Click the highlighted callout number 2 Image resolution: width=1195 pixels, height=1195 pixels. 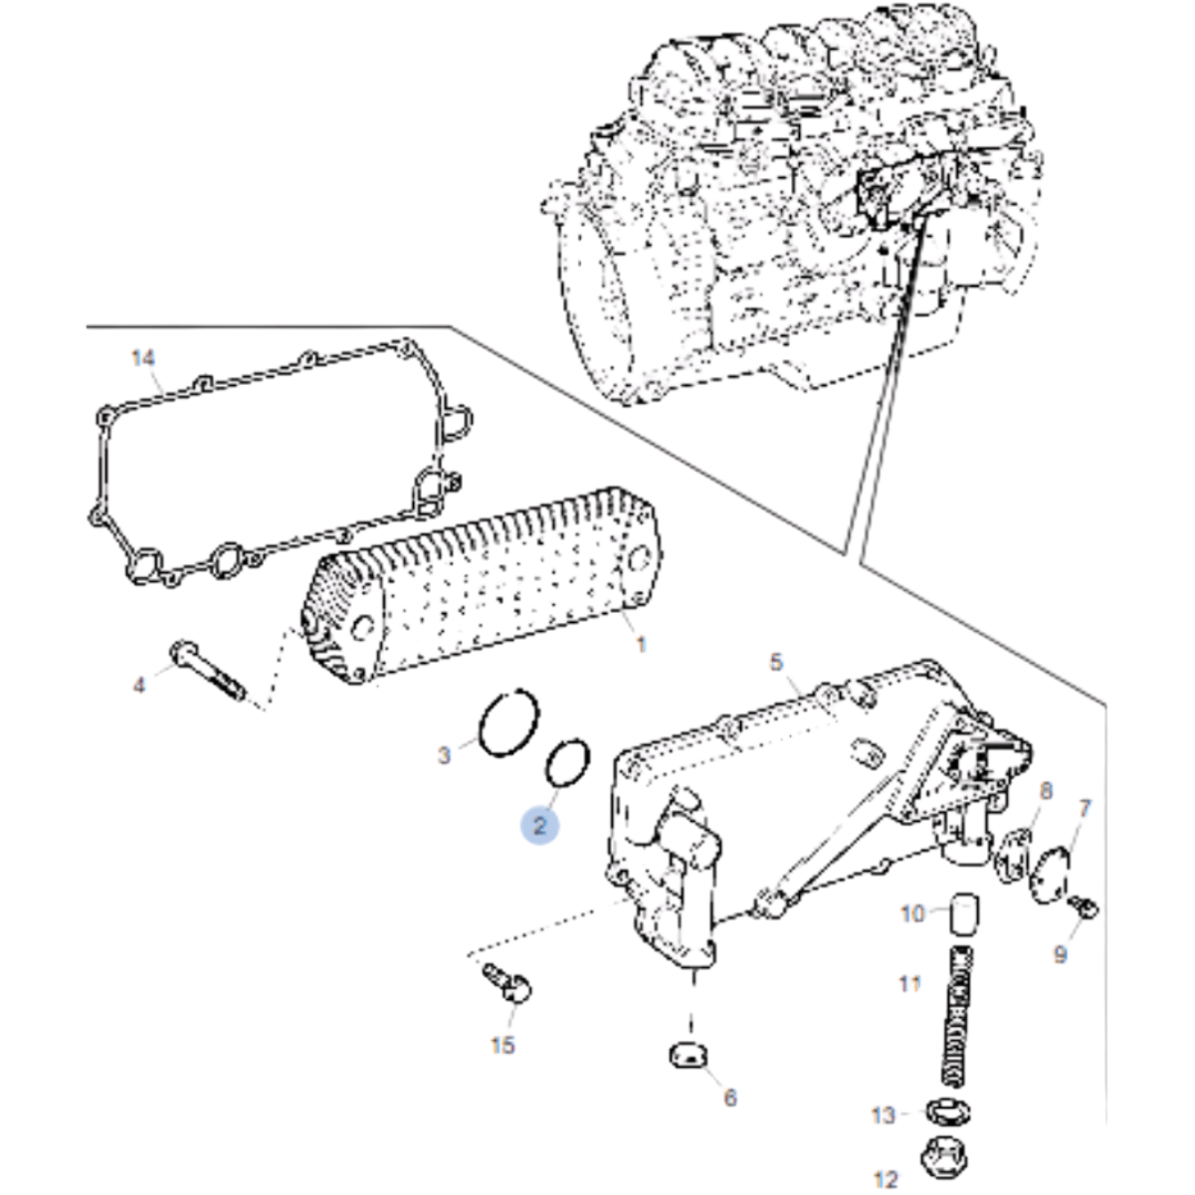(539, 826)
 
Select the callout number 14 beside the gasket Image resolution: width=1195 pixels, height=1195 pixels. (143, 358)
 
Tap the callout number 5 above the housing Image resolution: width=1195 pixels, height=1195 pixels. (776, 663)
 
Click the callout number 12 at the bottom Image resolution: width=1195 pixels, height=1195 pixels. (886, 1179)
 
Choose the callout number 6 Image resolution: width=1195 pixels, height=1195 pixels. (730, 1098)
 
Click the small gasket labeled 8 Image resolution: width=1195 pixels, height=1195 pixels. (1013, 858)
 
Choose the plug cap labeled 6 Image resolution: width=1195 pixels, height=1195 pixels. (689, 1055)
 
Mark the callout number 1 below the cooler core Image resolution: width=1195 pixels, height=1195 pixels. (641, 645)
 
